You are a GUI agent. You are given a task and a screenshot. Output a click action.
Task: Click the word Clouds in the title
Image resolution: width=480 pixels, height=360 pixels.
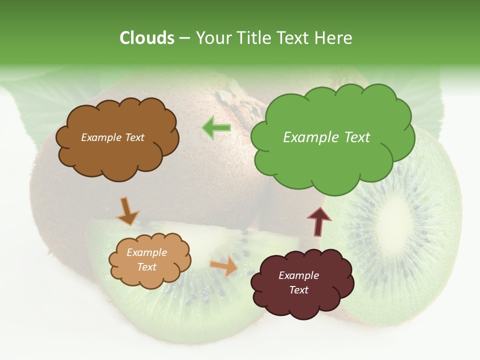[147, 38]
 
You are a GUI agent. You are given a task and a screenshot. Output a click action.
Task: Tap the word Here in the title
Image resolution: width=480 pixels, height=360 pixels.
[334, 38]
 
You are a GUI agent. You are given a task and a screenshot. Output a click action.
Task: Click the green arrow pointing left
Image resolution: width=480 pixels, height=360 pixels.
[216, 128]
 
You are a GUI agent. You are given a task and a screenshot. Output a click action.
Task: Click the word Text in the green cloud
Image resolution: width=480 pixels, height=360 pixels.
[356, 137]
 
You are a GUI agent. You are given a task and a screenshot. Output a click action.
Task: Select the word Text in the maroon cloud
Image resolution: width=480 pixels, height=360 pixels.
[298, 290]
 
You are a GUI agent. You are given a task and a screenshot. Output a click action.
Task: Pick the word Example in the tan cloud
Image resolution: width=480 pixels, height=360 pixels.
[146, 252]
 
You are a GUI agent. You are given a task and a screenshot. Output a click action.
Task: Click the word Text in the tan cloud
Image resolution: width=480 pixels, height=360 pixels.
[146, 267]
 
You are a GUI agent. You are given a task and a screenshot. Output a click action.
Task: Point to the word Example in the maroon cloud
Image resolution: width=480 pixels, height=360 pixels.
[298, 275]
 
